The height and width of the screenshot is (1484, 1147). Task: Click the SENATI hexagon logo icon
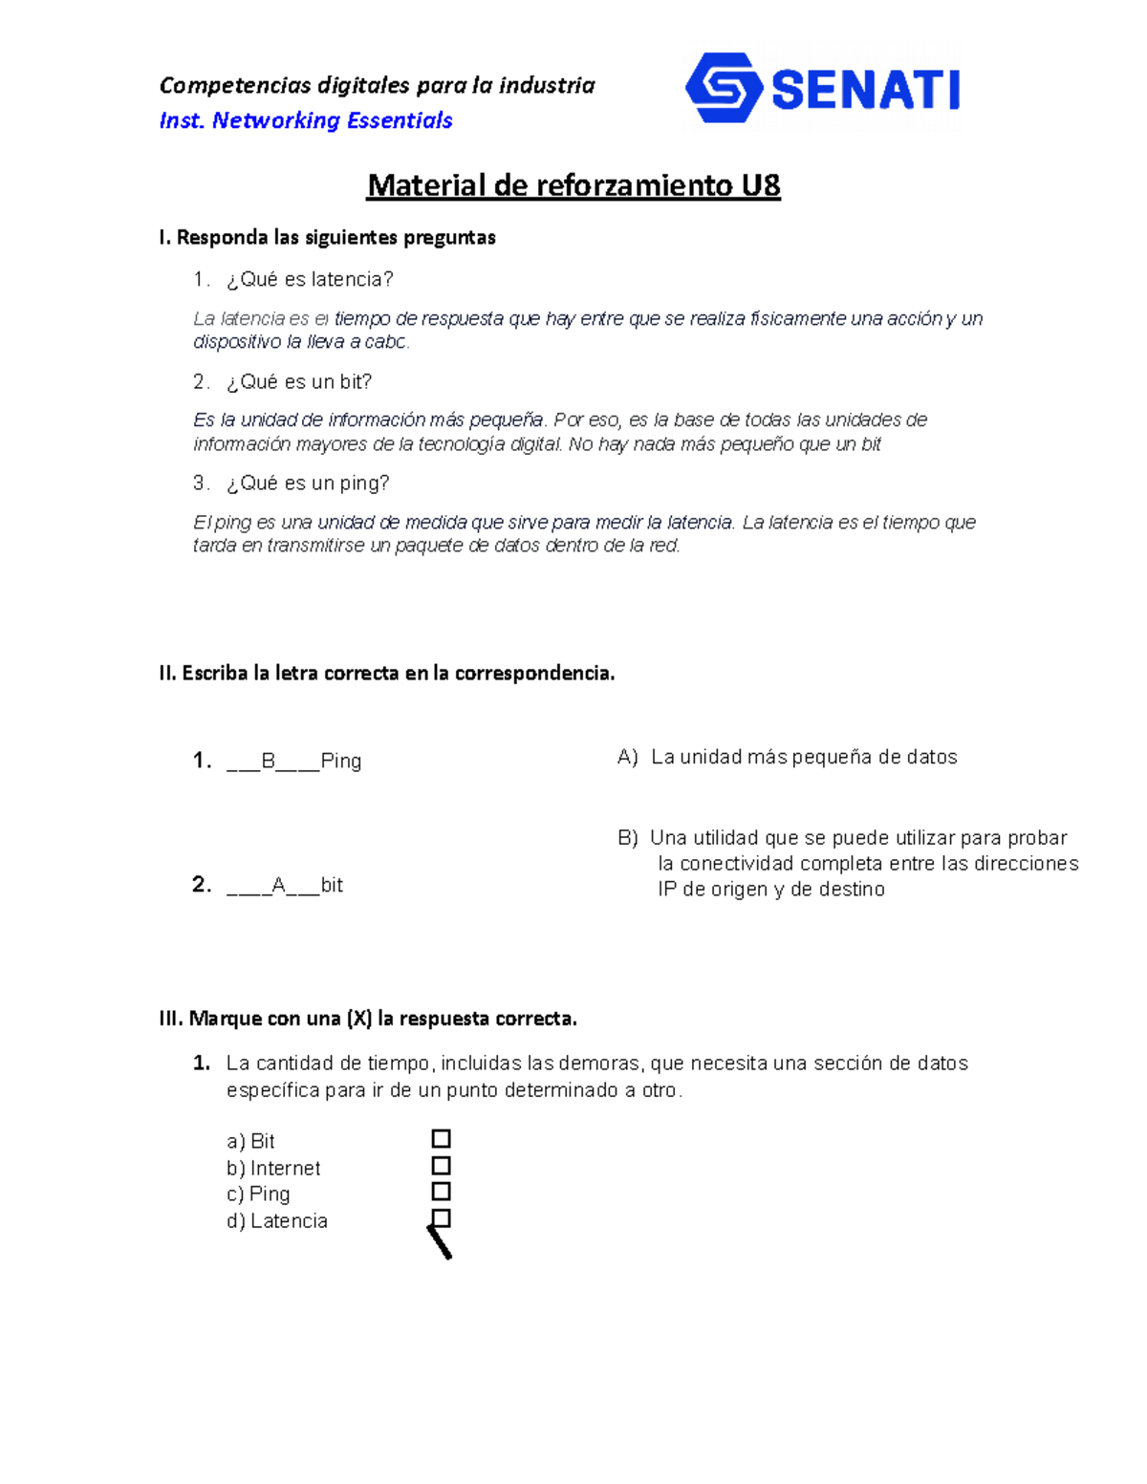click(x=724, y=88)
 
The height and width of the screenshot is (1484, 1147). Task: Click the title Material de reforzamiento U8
click(x=573, y=185)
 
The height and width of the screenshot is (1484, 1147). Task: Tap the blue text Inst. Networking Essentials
click(x=306, y=120)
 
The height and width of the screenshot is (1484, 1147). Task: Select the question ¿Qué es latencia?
click(x=310, y=279)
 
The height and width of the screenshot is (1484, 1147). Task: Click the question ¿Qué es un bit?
click(x=299, y=381)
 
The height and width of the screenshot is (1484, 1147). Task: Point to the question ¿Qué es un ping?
click(x=308, y=484)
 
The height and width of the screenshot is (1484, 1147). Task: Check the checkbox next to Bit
click(x=441, y=1139)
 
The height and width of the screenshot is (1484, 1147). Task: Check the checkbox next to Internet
click(x=441, y=1166)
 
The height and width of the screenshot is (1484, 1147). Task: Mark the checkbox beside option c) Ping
click(x=441, y=1192)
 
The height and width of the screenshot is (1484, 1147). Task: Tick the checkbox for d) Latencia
click(x=441, y=1218)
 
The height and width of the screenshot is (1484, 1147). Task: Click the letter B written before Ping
click(x=269, y=762)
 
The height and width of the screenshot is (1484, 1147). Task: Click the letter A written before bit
click(x=279, y=886)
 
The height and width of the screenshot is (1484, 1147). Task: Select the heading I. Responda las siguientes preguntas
click(x=327, y=237)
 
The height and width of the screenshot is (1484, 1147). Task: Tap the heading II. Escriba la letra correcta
click(x=386, y=673)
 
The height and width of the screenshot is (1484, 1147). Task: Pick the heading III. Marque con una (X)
click(x=368, y=1019)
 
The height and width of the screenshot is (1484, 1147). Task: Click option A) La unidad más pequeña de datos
click(x=788, y=757)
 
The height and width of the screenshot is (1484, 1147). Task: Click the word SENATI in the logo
click(x=865, y=91)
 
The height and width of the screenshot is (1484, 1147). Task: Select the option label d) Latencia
click(x=277, y=1221)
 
